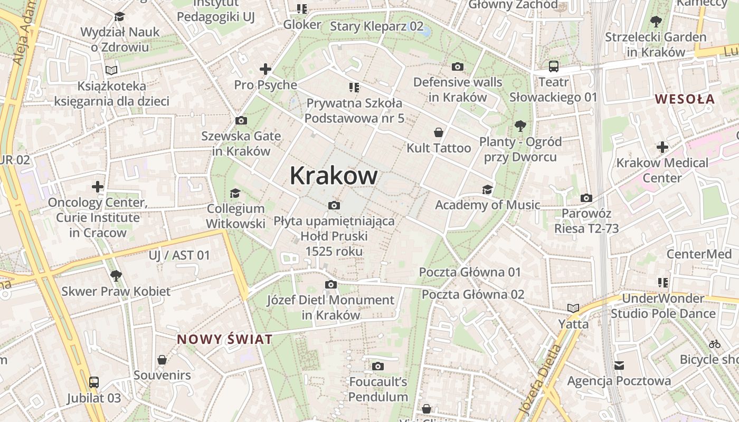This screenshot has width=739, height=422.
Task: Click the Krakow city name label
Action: [333, 176]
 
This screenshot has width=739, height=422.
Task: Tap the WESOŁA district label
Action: [685, 99]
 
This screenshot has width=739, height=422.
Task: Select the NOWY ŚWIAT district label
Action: [224, 339]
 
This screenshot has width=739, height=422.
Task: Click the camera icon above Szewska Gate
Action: [241, 120]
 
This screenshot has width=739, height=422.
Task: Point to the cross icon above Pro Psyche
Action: [265, 69]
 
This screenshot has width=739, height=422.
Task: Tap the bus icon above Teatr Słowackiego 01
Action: [553, 66]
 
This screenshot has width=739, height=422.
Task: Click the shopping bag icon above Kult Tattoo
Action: [438, 132]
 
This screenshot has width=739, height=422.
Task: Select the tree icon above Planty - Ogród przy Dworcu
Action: [520, 126]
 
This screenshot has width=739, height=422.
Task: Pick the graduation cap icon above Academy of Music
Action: [487, 189]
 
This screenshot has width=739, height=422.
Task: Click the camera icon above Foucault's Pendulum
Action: [377, 366]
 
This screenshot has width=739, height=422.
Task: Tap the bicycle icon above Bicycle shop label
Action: [715, 344]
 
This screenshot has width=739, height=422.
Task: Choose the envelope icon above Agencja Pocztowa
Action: [619, 365]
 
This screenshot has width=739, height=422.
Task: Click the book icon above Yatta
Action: [573, 308]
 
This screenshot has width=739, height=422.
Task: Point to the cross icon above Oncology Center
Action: [98, 186]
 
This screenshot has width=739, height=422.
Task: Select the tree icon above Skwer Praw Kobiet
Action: [116, 275]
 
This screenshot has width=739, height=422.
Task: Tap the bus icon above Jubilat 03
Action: [93, 382]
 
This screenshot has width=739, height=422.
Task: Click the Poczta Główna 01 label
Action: [469, 272]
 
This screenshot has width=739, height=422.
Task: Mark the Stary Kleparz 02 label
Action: [376, 26]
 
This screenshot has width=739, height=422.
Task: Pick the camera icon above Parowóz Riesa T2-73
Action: [586, 198]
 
